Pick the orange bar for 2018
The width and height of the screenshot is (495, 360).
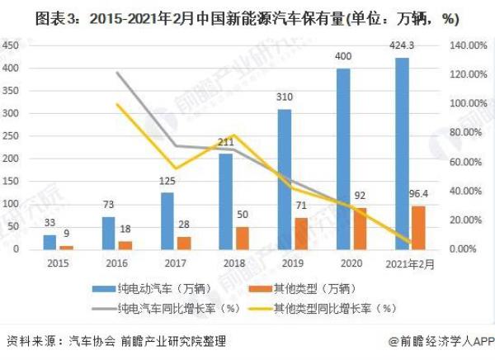[243, 238]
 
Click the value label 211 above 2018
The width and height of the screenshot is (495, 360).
[225, 142]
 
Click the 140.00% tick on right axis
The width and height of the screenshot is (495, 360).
[464, 45]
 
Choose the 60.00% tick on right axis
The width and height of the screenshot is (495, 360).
[464, 162]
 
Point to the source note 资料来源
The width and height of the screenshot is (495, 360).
[115, 341]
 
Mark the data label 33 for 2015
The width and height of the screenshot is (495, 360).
[49, 224]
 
